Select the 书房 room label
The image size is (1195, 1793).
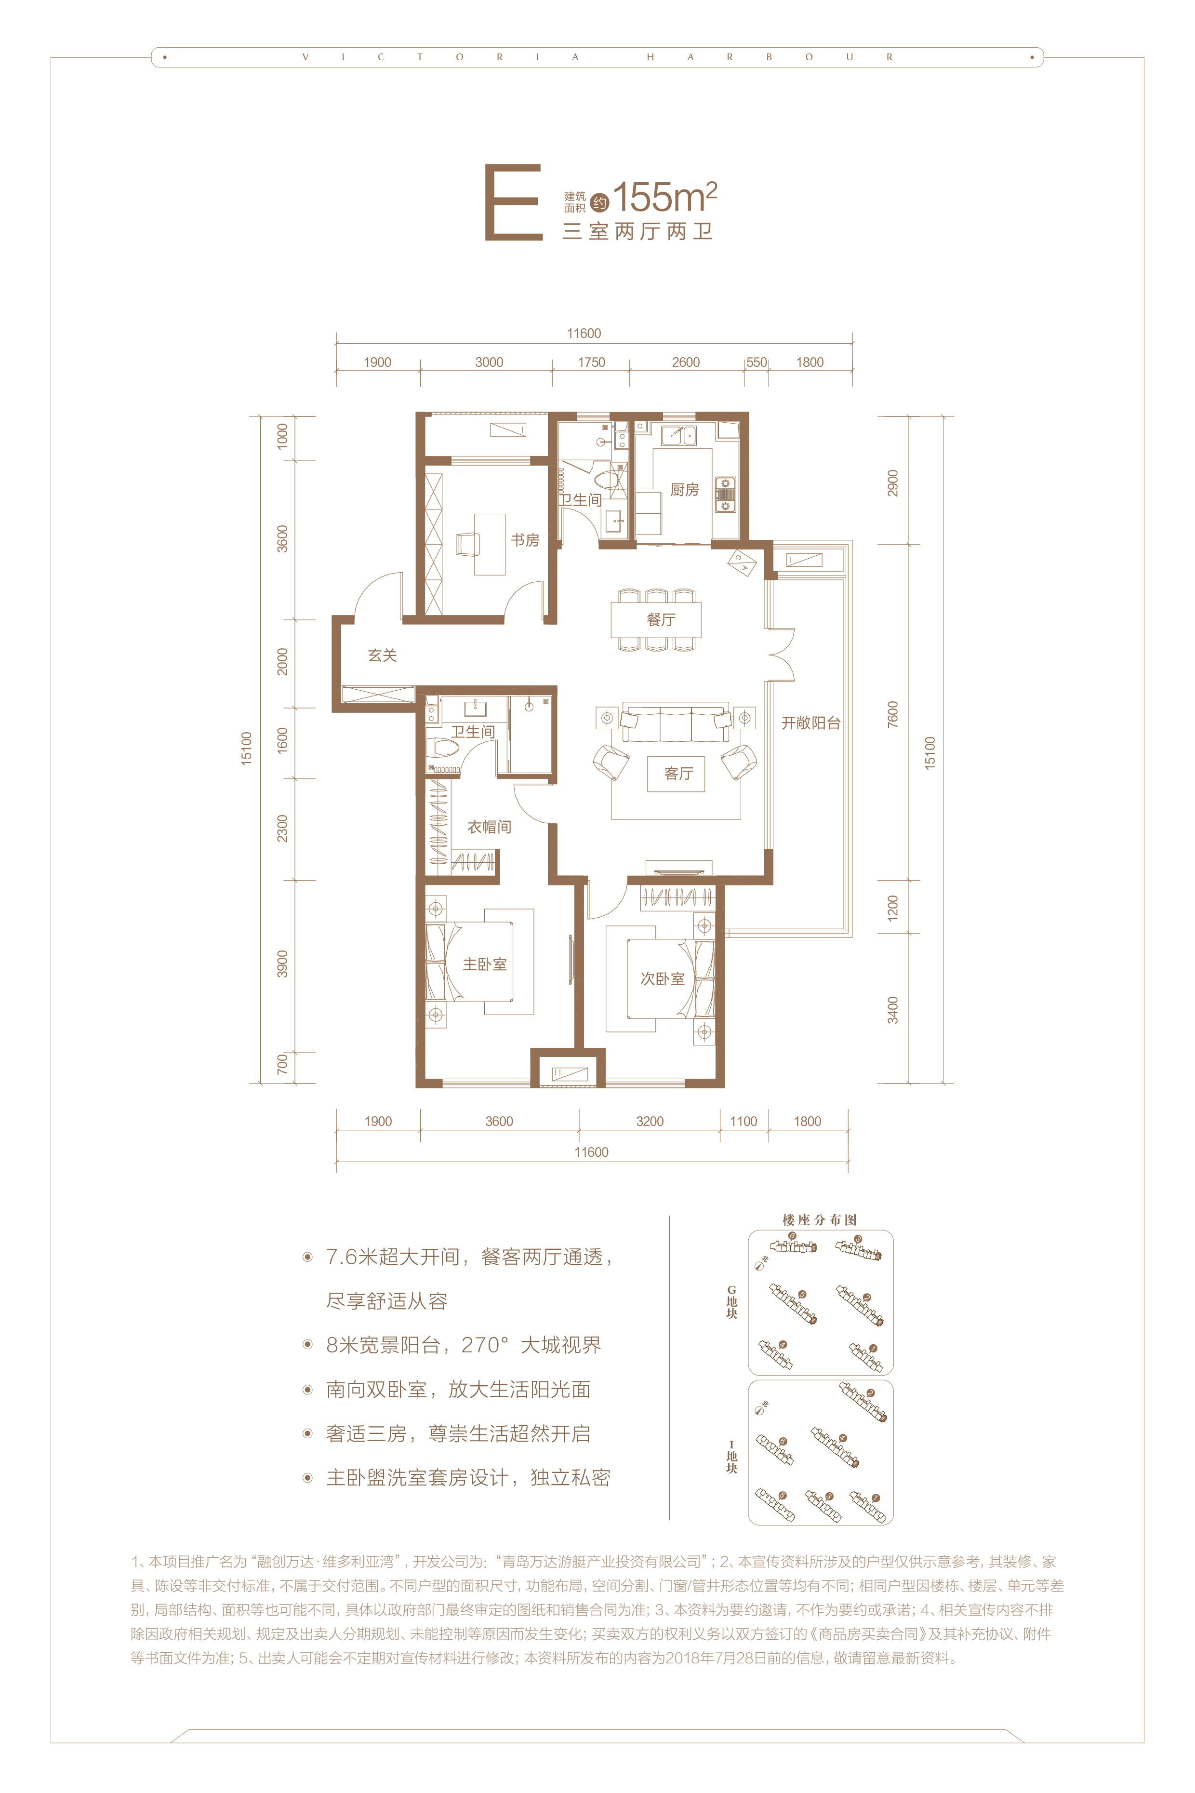pos(525,540)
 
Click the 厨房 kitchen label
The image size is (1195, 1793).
pos(684,489)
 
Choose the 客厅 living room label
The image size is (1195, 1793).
pos(678,774)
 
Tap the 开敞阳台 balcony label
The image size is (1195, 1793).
pos(811,723)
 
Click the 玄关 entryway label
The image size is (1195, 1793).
pos(383,655)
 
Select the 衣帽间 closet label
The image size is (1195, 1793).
pos(489,827)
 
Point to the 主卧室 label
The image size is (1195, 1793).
pos(485,964)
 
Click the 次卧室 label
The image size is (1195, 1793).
pos(662,979)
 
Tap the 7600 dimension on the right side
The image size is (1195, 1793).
pos(892,714)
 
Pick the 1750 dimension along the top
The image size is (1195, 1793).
pos(591,362)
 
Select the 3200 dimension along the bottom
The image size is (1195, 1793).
pos(650,1122)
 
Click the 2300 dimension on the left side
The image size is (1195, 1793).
pos(282,829)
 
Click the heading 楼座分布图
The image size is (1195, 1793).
pos(819,1220)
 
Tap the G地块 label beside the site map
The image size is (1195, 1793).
pos(731,1302)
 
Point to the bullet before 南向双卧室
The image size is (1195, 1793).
pos(308,1390)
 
